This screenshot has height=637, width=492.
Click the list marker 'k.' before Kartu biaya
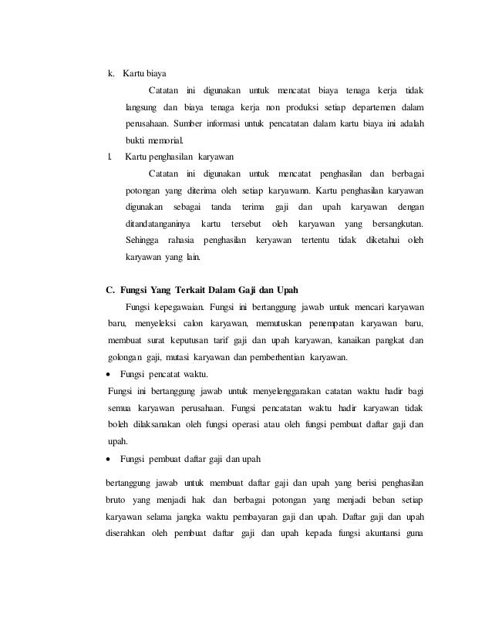[x=110, y=74]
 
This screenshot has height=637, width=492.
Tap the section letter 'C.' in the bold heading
[x=110, y=290]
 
